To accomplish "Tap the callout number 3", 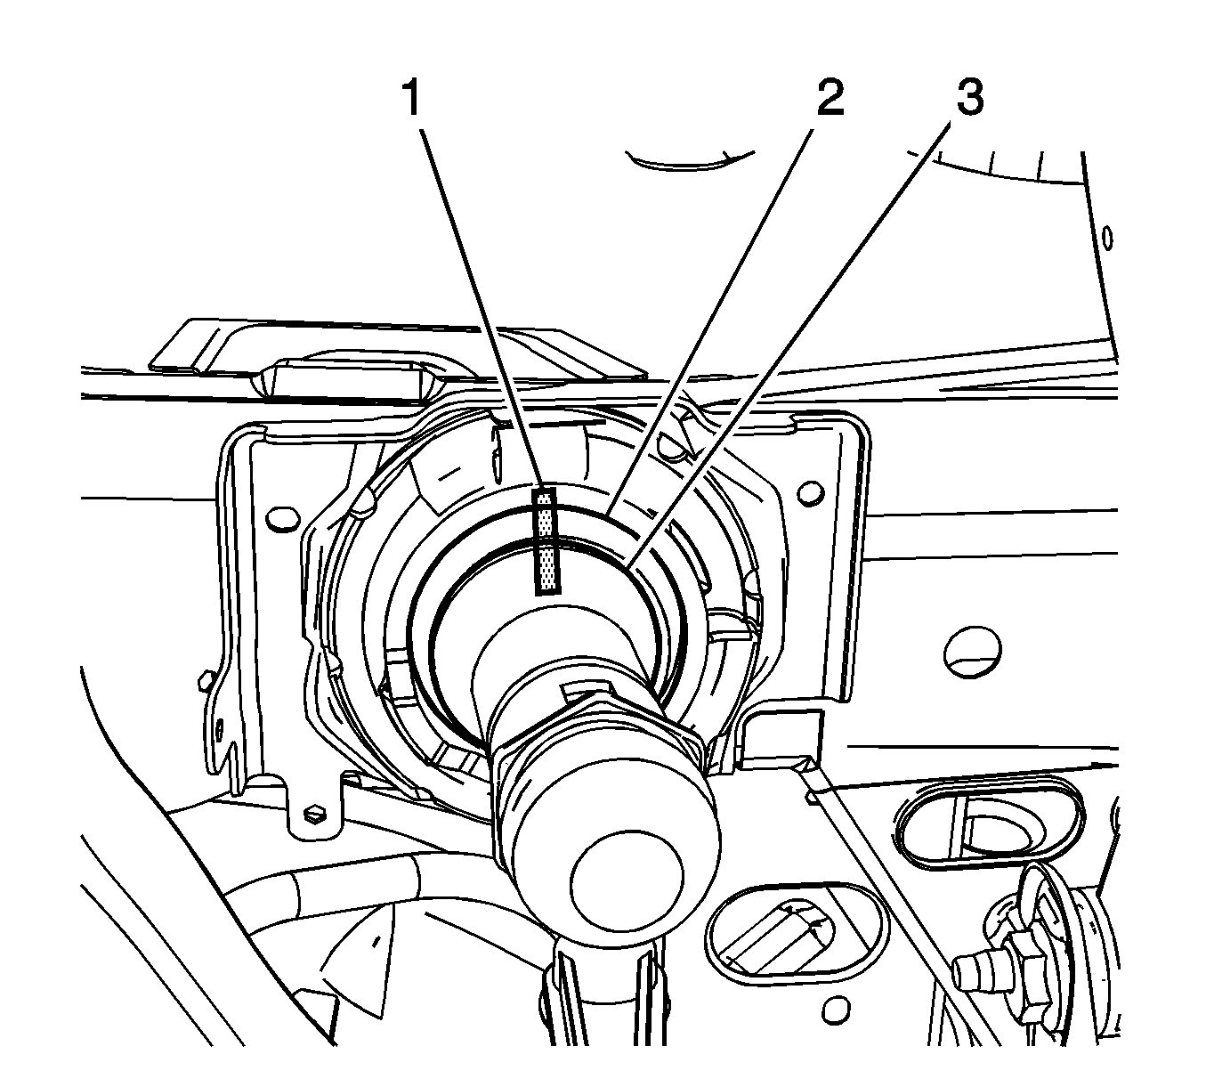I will point(968,97).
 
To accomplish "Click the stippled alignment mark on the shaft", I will point(546,540).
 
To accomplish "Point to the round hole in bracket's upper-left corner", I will point(282,517).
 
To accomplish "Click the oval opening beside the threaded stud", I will point(990,823).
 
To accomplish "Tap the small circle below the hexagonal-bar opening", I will point(834,1010).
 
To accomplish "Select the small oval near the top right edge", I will point(1107,238).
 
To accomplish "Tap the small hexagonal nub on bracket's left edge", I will point(205,681).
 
